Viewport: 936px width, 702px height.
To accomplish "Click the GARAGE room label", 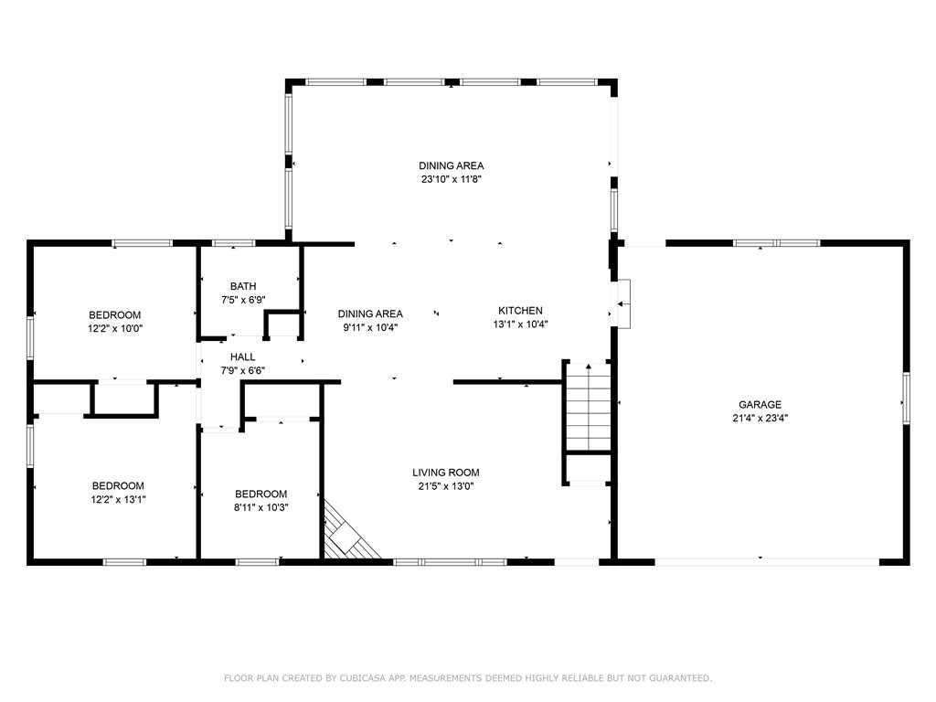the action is [x=760, y=405].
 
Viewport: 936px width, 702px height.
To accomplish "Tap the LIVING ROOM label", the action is [x=446, y=473].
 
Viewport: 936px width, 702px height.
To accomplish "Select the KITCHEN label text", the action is [x=520, y=311].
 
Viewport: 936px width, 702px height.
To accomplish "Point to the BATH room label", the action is [x=243, y=286].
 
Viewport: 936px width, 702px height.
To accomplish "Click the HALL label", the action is [x=243, y=357].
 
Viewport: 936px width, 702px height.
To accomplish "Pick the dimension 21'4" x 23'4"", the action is [x=760, y=419].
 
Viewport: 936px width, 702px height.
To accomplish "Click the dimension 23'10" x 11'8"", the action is [x=452, y=179].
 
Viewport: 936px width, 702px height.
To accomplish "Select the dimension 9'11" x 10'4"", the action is [x=370, y=327].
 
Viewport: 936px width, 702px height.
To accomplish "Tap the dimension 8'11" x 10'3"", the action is [x=261, y=507].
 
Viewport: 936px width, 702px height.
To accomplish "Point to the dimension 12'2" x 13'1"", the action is [x=118, y=500].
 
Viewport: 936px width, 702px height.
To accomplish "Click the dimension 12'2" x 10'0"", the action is [x=115, y=328].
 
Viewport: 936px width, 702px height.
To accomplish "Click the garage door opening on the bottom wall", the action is [x=767, y=562].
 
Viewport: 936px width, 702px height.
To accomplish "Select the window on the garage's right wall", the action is [x=906, y=399].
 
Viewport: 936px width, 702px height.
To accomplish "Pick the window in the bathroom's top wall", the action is [x=234, y=243].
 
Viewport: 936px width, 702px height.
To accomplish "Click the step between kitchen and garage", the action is [x=623, y=303].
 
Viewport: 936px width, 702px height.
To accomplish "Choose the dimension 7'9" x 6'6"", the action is [x=243, y=371].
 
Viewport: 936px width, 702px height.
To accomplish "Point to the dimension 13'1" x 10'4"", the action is [x=520, y=324].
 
